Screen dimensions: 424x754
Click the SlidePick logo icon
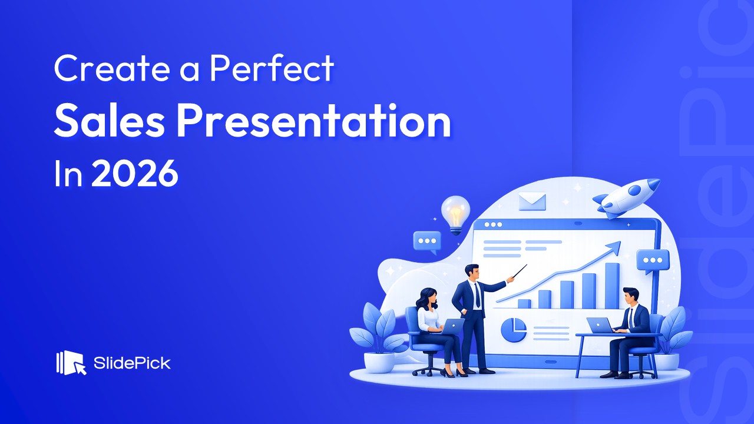71,363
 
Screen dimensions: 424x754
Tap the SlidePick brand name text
132,363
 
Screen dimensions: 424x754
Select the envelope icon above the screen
532,201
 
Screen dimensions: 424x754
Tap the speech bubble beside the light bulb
426,241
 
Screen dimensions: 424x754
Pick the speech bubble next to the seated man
652,260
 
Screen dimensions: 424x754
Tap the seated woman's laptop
452,327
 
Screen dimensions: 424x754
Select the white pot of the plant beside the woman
379,362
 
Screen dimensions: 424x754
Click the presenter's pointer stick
518,272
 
